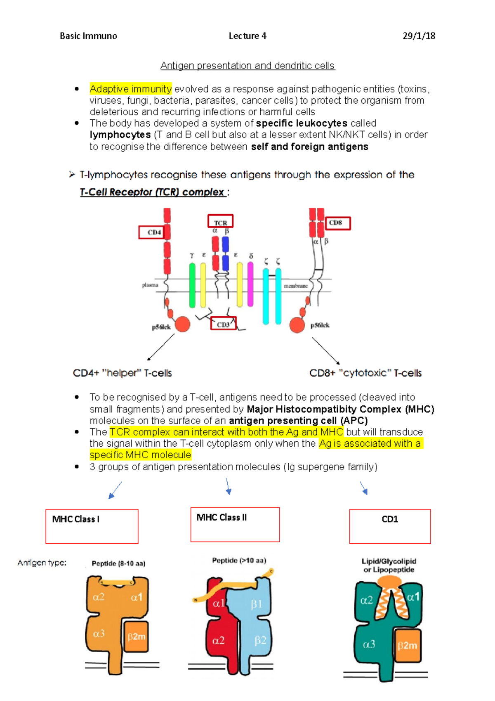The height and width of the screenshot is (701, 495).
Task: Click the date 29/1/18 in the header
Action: (x=419, y=36)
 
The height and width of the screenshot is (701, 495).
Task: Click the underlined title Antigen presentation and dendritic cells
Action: (x=247, y=66)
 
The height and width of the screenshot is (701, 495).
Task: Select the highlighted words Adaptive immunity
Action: (x=130, y=89)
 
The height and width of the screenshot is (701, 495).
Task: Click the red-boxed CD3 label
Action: (x=223, y=324)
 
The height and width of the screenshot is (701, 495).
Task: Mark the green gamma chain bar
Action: (x=192, y=285)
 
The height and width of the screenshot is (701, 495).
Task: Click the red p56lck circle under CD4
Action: (x=182, y=324)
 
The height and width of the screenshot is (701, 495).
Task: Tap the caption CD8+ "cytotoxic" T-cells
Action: (x=365, y=373)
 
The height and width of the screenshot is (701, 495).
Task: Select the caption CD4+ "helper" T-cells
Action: (x=122, y=373)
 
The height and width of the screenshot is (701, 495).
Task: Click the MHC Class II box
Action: (x=235, y=524)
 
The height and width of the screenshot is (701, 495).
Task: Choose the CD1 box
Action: (x=390, y=526)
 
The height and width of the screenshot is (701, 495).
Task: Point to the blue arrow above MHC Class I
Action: (x=115, y=490)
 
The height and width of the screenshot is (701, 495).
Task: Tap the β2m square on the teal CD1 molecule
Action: (x=408, y=645)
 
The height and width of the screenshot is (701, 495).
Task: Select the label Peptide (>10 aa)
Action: (x=239, y=560)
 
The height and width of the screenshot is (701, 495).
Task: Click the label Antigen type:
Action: (x=42, y=563)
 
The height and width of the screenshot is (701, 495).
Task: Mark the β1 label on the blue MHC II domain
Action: (x=256, y=604)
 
